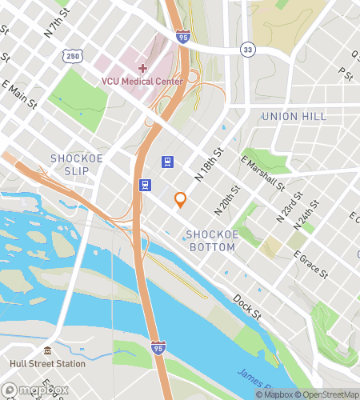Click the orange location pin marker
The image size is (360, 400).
(181, 200)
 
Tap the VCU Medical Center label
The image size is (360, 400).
(142, 80)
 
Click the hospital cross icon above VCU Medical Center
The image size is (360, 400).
(142, 68)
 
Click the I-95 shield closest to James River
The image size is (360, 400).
(158, 347)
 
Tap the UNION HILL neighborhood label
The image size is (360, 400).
(294, 117)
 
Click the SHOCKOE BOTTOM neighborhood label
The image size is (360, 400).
(210, 241)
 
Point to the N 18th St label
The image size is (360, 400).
(209, 165)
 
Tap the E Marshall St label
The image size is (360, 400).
(263, 174)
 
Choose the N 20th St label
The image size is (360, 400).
(227, 202)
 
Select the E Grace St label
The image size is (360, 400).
(311, 266)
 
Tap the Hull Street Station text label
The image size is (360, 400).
(47, 363)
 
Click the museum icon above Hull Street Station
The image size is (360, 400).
(47, 351)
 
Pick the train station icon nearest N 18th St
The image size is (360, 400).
(168, 161)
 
